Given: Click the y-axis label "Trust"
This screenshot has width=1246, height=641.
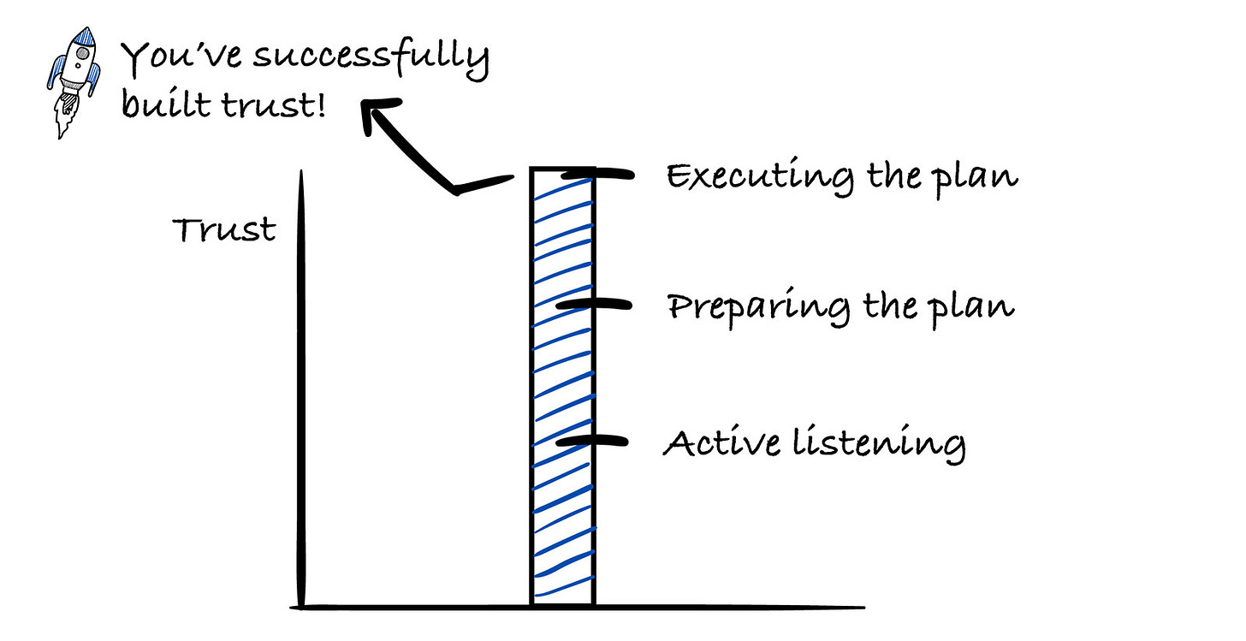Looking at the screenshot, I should pos(225,230).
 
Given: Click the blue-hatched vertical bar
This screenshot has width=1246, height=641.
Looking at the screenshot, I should pos(561,385).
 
